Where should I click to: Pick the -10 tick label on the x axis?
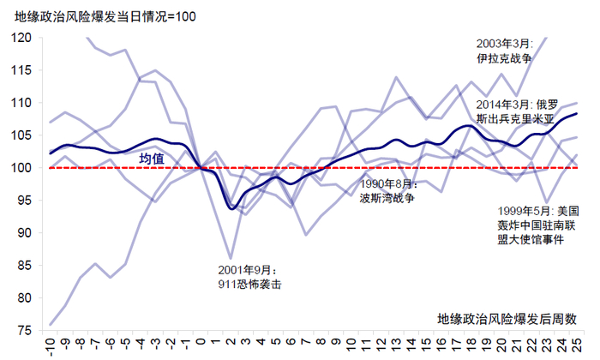(x=51, y=345)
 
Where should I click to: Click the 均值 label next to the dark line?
(x=152, y=158)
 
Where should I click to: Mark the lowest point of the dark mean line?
(x=231, y=208)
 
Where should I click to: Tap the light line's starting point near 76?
(x=51, y=325)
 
